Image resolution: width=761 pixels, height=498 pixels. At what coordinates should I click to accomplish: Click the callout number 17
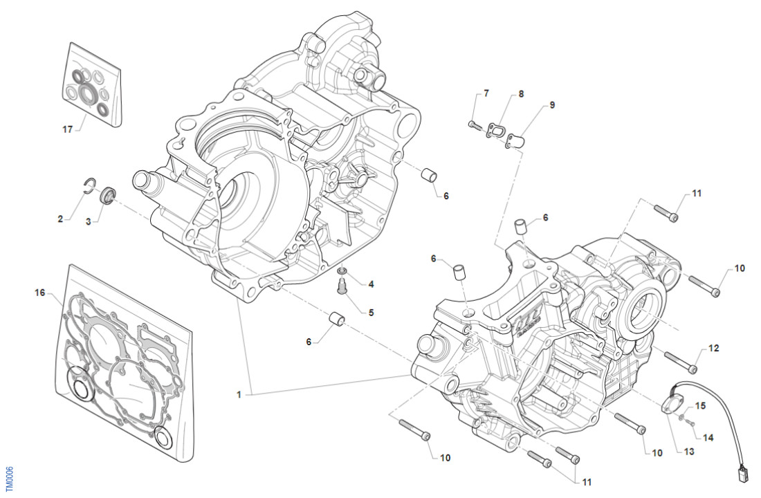coord(67,129)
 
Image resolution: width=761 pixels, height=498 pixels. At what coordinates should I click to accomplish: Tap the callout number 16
coord(39,293)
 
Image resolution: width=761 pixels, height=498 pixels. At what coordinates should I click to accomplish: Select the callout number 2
coord(60,219)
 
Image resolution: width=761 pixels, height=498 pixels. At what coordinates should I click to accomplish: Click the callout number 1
coord(239,395)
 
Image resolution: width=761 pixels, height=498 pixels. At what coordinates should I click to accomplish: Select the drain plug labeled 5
coord(342,285)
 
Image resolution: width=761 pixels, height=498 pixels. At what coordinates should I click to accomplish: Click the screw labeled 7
coord(474,124)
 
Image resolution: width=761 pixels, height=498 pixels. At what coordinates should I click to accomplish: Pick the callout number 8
coord(521,93)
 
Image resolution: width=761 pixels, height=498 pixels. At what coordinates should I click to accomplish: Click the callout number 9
coord(552,105)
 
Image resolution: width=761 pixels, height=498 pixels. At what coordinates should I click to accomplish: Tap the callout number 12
coord(714,348)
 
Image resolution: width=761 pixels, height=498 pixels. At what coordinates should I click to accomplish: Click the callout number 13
coord(689,452)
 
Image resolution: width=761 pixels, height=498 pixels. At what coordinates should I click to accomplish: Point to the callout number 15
coord(701,406)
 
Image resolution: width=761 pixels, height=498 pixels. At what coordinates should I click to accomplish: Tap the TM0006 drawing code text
coord(8,477)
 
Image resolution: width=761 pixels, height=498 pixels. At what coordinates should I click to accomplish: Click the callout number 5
coord(371,313)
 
